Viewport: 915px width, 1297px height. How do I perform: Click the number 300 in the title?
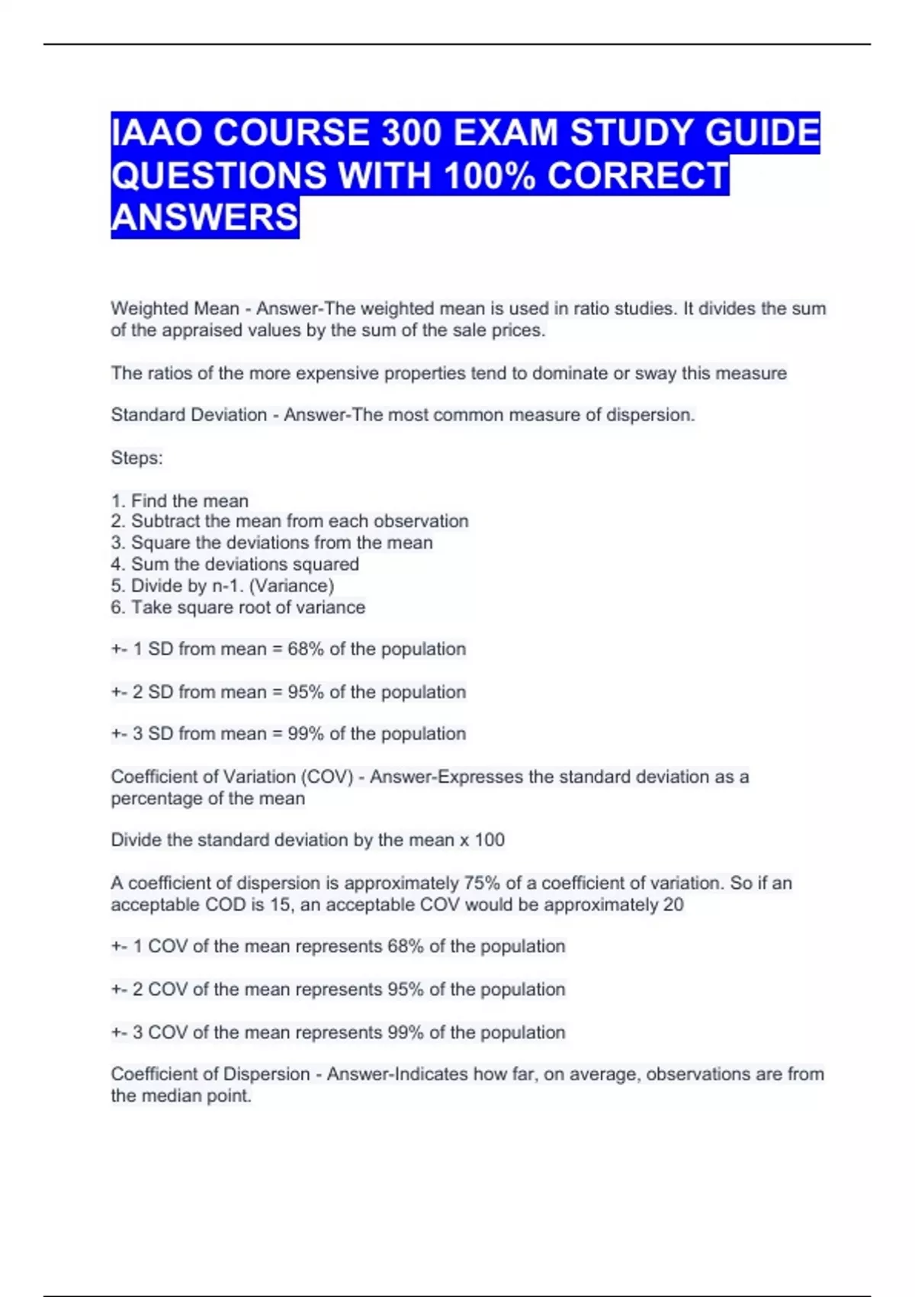[x=411, y=133]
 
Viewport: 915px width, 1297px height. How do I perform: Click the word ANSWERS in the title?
[x=204, y=217]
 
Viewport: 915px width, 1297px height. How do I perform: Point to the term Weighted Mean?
[x=175, y=309]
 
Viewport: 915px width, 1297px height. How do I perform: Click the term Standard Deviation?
[x=188, y=415]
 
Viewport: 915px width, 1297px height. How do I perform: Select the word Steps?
[x=136, y=459]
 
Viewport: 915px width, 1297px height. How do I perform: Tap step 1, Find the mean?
[x=180, y=501]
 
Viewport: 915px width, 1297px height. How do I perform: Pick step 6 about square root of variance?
[x=238, y=607]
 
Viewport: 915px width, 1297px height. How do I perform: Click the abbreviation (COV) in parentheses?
[x=327, y=777]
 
